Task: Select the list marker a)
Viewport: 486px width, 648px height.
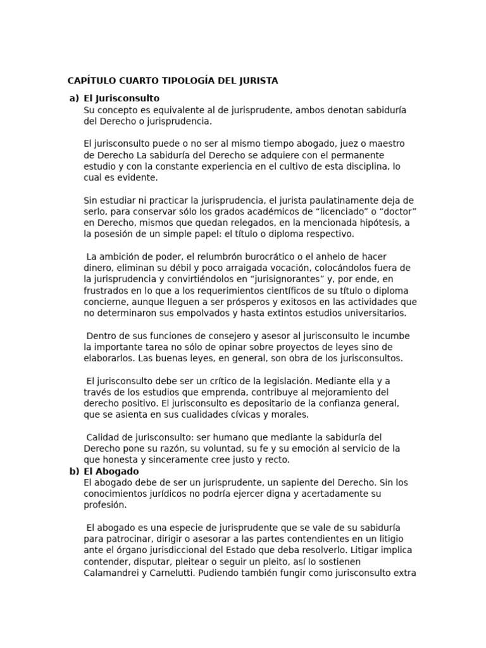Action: tap(74, 98)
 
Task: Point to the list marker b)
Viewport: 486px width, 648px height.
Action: tap(74, 471)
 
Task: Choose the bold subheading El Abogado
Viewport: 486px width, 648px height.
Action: tap(111, 471)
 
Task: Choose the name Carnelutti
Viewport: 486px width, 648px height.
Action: tap(170, 573)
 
